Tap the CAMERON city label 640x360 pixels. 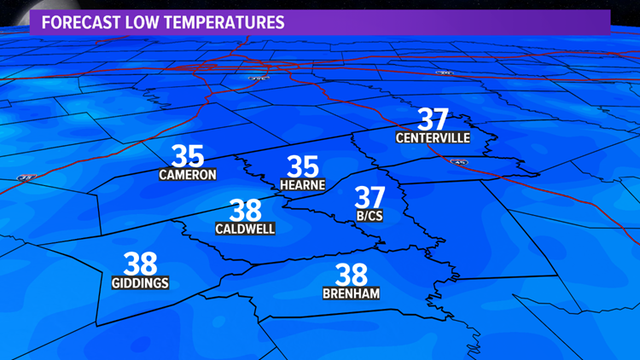[188, 175]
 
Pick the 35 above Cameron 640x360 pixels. [188, 156]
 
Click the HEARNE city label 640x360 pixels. [303, 184]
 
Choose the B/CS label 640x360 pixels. [369, 217]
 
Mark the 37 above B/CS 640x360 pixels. [370, 197]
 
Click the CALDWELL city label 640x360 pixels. [245, 229]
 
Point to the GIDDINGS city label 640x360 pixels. [140, 283]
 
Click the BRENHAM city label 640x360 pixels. [351, 293]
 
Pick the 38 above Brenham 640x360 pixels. [352, 275]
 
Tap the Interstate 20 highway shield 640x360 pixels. [445, 73]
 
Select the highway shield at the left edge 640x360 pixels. [23, 177]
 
